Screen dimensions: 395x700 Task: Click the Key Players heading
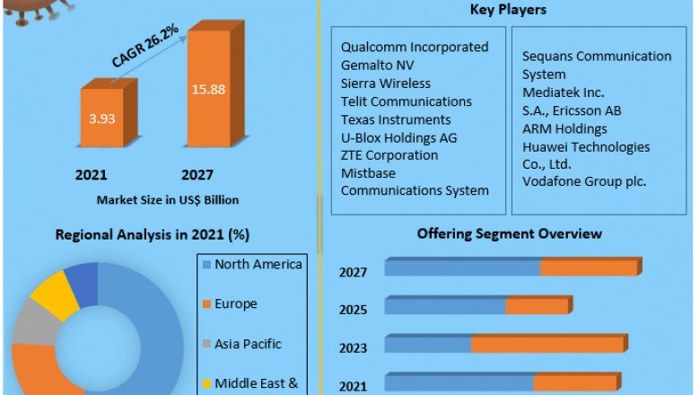click(x=508, y=10)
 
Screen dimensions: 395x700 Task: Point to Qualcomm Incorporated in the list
click(x=415, y=47)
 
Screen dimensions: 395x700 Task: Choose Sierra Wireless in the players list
click(x=386, y=83)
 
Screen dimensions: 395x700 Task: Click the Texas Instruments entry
click(x=396, y=118)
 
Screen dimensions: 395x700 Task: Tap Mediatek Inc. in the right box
click(x=563, y=92)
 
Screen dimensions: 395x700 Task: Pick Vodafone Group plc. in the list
click(x=585, y=181)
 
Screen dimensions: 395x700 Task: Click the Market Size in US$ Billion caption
click(x=168, y=199)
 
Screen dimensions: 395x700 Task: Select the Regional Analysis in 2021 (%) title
click(x=153, y=235)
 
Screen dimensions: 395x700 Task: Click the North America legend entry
click(x=258, y=264)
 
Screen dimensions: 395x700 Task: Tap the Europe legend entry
click(x=236, y=304)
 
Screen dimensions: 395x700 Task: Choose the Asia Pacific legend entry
click(x=248, y=344)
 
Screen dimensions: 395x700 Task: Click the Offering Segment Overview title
click(x=509, y=234)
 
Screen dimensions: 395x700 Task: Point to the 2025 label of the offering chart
click(x=353, y=310)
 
